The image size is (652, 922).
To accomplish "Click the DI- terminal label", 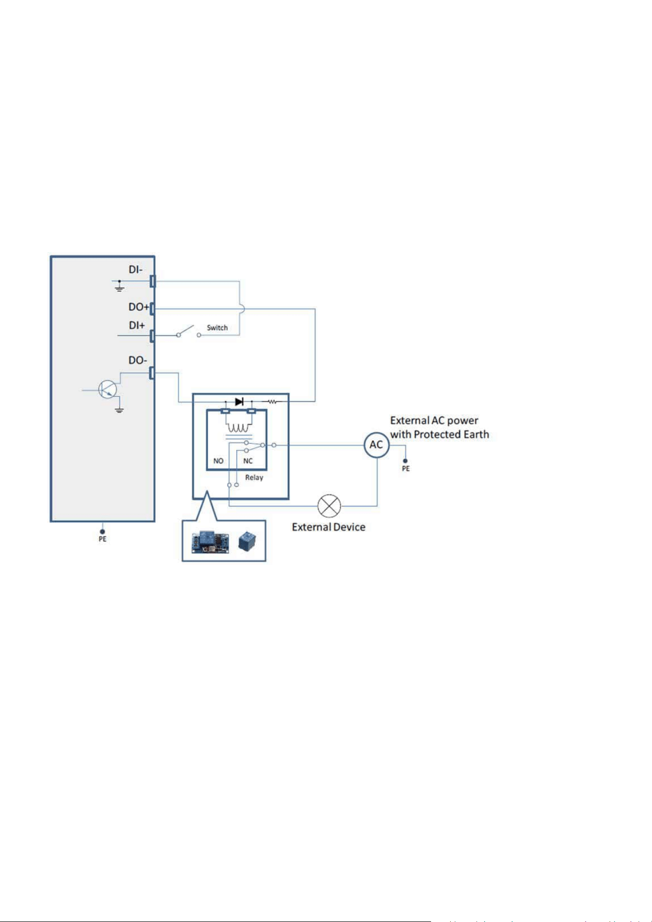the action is click(135, 269).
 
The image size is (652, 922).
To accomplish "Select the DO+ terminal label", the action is click(139, 307).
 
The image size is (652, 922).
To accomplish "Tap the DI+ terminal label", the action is click(137, 326).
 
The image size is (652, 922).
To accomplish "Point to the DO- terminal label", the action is click(138, 360).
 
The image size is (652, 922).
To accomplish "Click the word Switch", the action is click(217, 328).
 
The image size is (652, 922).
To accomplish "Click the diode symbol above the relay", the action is click(239, 402).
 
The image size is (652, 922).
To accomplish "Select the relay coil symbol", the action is click(238, 428).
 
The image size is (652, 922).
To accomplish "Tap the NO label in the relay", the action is click(218, 461).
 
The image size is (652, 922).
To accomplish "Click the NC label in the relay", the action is click(248, 461).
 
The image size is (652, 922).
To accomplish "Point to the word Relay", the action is click(254, 477).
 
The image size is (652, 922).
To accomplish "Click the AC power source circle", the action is click(376, 445).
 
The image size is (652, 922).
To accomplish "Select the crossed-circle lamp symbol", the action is click(329, 506).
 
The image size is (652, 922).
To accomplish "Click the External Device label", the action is click(329, 527).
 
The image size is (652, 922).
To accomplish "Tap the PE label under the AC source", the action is click(405, 468).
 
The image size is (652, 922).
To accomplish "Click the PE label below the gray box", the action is click(102, 539).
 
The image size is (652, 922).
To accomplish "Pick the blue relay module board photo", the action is click(211, 542).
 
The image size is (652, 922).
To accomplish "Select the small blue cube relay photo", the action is click(247, 541).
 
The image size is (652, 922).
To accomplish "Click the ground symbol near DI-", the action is click(119, 286).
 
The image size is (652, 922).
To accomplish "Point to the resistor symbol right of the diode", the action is click(272, 402).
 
